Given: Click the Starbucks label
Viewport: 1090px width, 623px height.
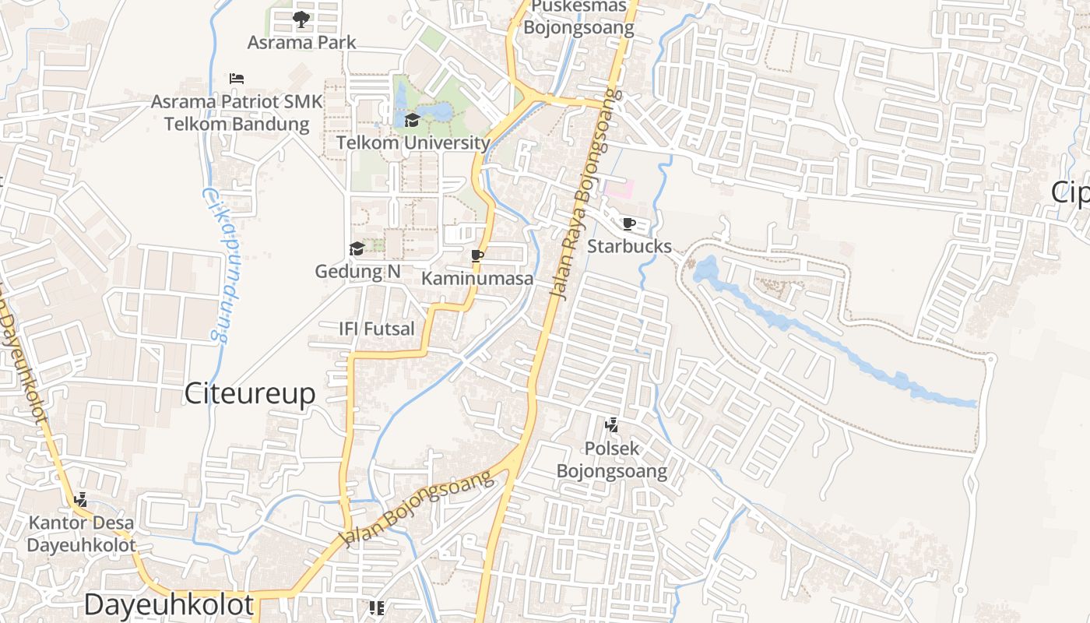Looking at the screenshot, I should click(x=629, y=246).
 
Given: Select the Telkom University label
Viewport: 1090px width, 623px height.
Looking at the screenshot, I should click(x=413, y=143).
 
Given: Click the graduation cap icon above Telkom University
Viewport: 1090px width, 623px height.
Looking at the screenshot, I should click(x=412, y=120).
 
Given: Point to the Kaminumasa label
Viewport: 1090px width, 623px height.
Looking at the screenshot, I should click(x=477, y=278).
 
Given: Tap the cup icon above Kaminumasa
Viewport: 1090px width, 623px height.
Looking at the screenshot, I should click(x=477, y=255).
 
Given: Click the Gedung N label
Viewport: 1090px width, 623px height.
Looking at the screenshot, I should click(x=357, y=272).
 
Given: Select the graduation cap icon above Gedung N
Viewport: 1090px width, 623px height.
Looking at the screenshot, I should click(x=357, y=248).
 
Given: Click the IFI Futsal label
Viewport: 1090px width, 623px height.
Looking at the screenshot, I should click(x=377, y=329).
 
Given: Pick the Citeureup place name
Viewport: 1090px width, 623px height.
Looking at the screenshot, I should click(x=250, y=394).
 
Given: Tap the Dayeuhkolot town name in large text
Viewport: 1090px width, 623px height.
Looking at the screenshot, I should click(x=168, y=604).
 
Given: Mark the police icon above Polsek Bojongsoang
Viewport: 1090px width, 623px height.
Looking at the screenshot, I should click(x=612, y=425).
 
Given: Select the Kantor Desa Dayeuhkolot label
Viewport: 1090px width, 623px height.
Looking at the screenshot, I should click(x=81, y=533).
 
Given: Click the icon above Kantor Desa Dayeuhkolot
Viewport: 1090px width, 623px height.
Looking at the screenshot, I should click(x=80, y=499).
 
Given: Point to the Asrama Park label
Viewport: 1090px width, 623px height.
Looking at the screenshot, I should click(x=301, y=42).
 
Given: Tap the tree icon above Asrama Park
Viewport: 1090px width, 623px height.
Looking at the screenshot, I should click(x=301, y=19).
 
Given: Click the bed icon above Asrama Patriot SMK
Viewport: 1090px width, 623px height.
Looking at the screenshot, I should click(x=237, y=79).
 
